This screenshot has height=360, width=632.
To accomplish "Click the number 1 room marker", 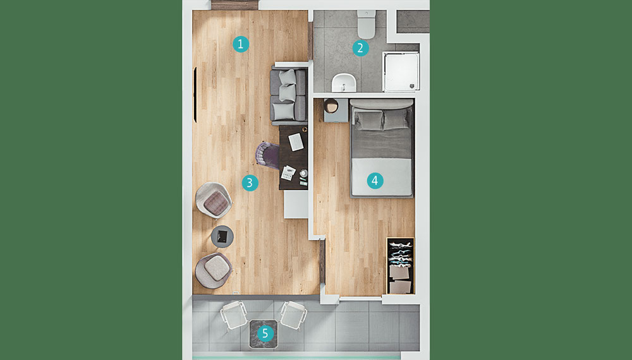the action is (x=241, y=44).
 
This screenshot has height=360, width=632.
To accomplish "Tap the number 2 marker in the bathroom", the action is (x=360, y=49).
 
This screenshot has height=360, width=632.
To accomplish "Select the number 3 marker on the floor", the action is (x=250, y=183).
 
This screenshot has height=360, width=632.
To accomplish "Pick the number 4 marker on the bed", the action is (x=375, y=181).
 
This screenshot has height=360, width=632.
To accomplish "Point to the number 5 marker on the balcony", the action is (x=265, y=333).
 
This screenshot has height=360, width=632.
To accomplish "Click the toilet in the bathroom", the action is (x=367, y=25).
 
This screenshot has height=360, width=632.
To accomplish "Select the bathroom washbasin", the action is (x=344, y=83).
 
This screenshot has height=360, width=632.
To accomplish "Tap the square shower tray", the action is (x=401, y=71).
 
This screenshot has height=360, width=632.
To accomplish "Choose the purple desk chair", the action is (x=267, y=155).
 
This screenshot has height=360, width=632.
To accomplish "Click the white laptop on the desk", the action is (x=296, y=141).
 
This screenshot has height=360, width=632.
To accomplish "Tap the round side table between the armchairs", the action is (x=222, y=237).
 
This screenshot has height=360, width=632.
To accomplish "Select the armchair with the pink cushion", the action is (x=214, y=201).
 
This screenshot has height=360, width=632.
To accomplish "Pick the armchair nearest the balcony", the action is (x=214, y=270).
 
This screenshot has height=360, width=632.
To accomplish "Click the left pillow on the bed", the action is (x=368, y=120).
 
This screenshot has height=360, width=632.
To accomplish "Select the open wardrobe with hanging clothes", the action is (x=401, y=266).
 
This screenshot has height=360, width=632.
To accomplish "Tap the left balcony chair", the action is (x=234, y=315).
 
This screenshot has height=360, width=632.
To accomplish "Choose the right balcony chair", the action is (x=293, y=315).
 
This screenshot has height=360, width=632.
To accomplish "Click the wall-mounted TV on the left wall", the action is (x=195, y=95).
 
